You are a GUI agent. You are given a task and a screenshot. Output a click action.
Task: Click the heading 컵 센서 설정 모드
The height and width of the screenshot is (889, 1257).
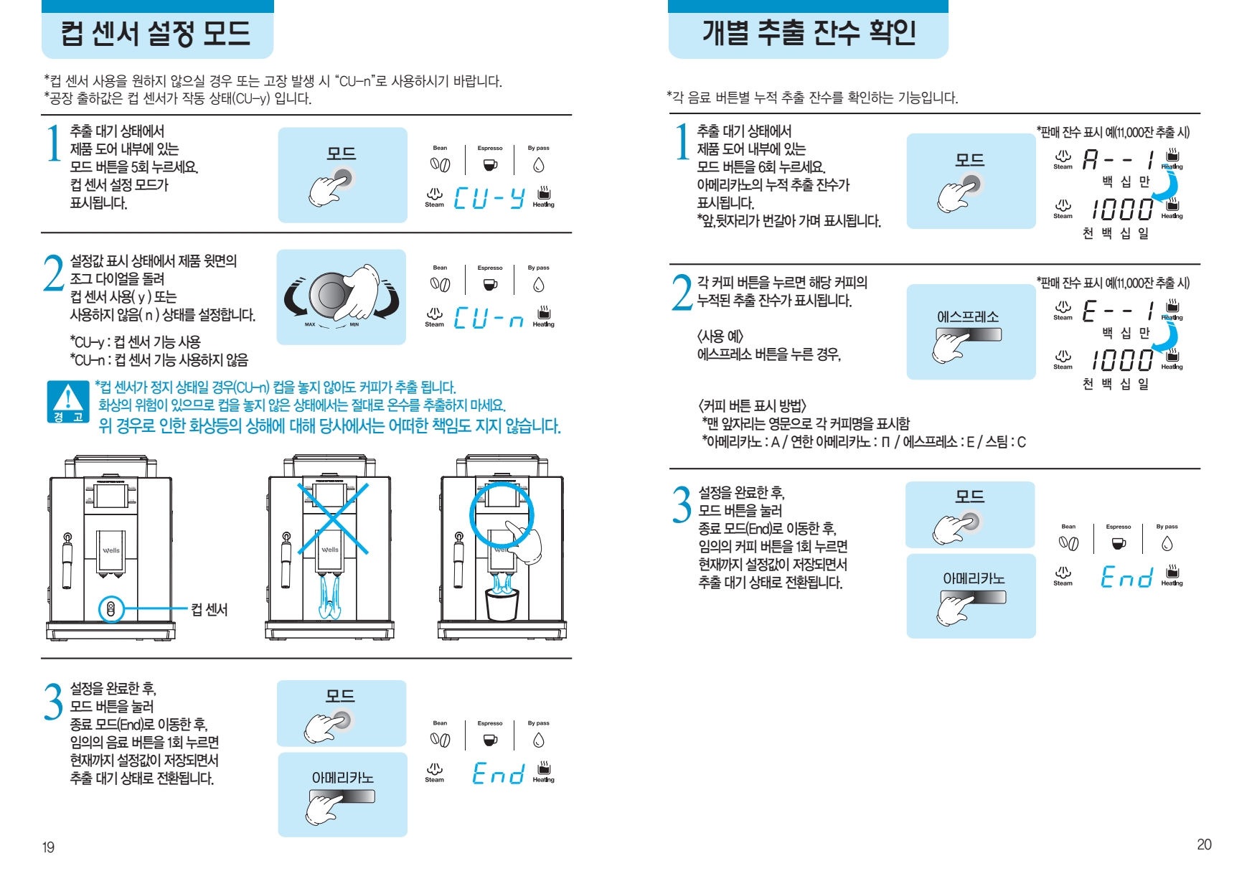(x=156, y=33)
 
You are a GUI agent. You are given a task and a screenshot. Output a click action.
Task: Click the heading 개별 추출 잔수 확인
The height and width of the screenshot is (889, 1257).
(x=809, y=32)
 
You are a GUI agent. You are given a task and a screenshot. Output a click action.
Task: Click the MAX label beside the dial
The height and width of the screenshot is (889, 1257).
(x=310, y=324)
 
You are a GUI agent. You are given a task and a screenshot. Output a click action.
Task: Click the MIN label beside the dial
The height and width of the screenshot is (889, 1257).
(x=354, y=324)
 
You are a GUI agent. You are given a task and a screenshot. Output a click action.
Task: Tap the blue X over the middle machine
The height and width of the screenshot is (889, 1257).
(x=334, y=518)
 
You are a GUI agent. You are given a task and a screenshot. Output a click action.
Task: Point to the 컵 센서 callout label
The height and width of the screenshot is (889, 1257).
(x=209, y=609)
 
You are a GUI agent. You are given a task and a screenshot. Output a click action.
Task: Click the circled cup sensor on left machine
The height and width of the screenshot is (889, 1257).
(x=110, y=609)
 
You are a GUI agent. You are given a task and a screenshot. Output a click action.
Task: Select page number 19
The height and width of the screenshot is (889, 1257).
(x=48, y=847)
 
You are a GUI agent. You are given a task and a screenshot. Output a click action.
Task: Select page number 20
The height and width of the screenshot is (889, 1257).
(x=1204, y=845)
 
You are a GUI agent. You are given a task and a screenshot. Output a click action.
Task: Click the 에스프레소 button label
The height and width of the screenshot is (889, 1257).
(x=968, y=316)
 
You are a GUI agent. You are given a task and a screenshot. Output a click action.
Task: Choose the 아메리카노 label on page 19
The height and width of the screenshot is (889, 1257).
(x=342, y=778)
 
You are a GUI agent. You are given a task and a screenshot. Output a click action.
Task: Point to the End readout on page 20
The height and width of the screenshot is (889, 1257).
(x=1126, y=576)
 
